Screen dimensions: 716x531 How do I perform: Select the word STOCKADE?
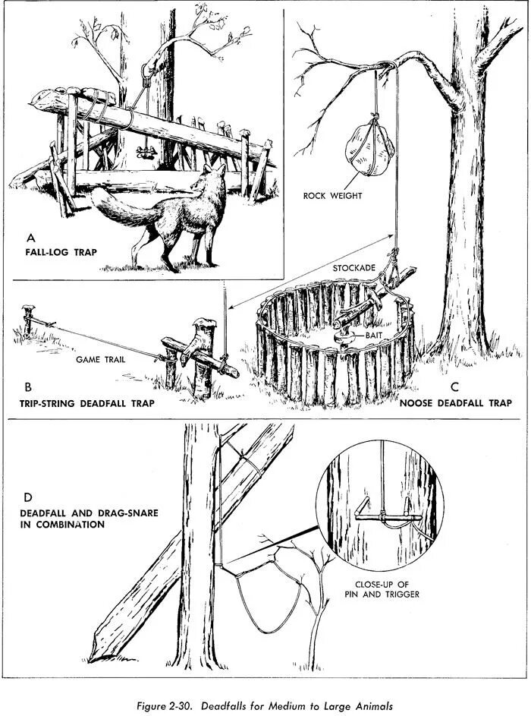[x=354, y=269]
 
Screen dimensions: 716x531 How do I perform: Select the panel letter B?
[x=27, y=387]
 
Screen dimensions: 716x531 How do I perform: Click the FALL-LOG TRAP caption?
[x=60, y=251]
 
